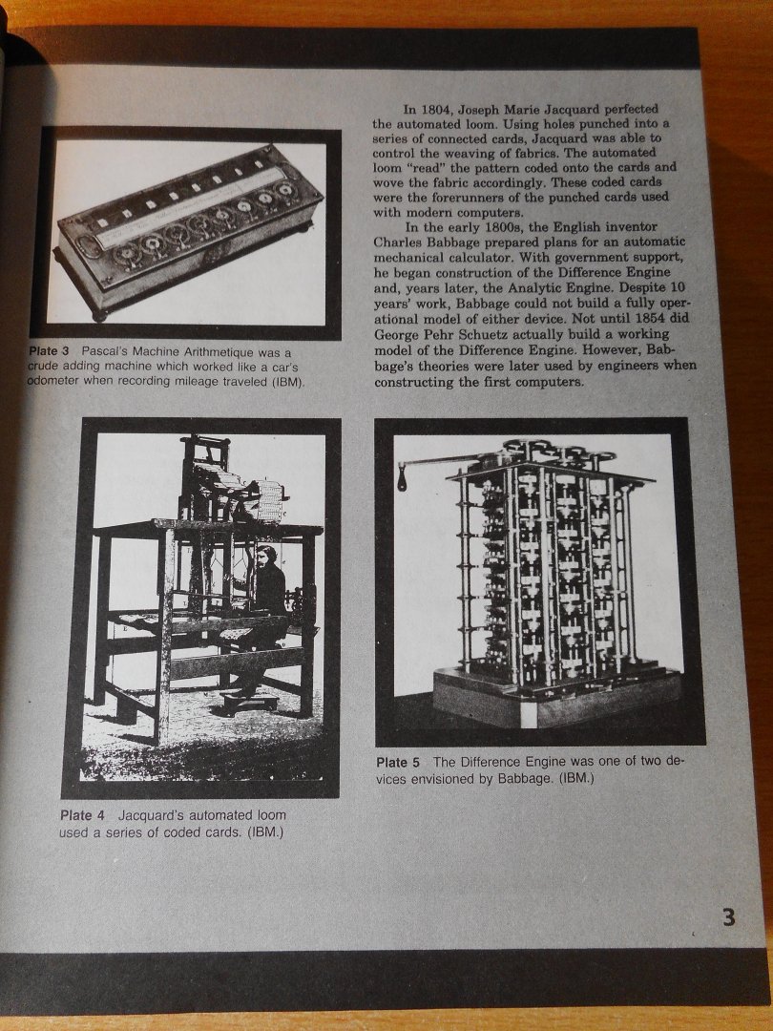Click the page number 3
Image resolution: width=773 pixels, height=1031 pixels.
pos(728,915)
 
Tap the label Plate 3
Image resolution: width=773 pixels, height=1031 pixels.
pos(49,351)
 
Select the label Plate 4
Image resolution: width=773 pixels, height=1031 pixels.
pos(82,815)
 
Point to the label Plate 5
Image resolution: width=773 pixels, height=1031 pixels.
pos(398,763)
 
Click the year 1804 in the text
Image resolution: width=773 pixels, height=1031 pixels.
pos(436,109)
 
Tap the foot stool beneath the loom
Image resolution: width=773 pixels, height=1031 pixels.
pos(251,704)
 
